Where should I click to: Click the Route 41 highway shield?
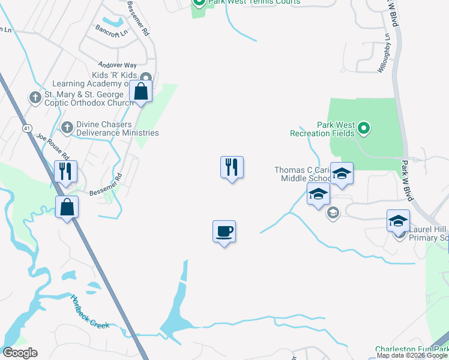coord(28,128)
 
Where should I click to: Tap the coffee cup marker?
coord(224,232)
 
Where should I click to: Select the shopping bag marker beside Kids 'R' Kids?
coord(141,92)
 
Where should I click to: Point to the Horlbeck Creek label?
coord(89,312)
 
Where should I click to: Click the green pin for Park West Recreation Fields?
coord(363,127)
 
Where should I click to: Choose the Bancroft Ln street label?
coord(112,29)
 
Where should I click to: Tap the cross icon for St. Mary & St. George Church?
coord(35,97)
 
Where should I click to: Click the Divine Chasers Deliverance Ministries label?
coord(117,128)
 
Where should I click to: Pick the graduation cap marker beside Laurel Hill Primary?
coord(398,221)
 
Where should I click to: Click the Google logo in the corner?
coord(20,353)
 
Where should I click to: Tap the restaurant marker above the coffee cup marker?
coord(232,167)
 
